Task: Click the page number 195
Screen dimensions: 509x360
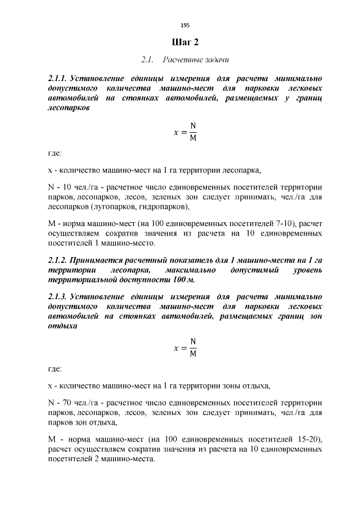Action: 186,25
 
